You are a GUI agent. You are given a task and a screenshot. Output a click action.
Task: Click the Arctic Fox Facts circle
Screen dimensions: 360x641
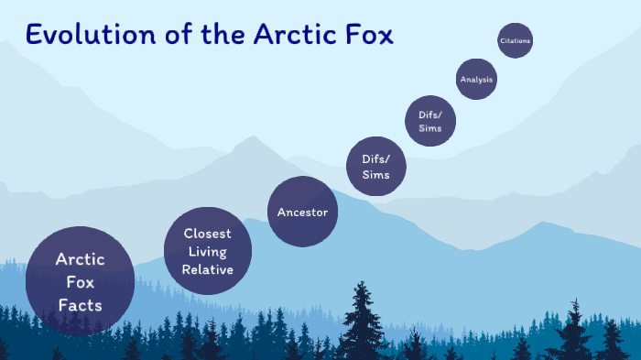(81, 281)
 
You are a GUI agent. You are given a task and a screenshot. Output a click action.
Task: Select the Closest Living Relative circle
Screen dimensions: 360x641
(208, 250)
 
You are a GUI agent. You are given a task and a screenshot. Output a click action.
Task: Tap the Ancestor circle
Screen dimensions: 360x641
(302, 212)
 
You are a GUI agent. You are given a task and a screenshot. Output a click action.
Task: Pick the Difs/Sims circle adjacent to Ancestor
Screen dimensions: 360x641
(375, 166)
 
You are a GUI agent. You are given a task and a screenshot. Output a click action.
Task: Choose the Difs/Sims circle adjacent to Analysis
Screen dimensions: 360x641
(429, 121)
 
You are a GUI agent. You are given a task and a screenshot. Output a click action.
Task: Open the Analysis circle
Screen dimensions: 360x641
(476, 80)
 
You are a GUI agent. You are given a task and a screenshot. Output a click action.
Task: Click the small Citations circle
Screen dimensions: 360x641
(516, 41)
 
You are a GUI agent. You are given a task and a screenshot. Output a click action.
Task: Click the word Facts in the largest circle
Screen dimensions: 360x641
(81, 304)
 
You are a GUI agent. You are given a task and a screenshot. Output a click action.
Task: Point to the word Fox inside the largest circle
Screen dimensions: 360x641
(81, 282)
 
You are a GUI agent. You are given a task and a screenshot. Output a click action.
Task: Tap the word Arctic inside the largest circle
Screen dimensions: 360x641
(81, 259)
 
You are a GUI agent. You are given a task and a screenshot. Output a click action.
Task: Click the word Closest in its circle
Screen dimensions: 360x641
(208, 234)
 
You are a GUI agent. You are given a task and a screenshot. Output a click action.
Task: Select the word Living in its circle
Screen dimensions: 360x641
(208, 252)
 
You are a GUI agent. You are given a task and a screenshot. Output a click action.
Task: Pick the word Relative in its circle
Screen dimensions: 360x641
(208, 269)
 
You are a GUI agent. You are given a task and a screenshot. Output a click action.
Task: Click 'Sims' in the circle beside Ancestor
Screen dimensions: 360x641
(375, 174)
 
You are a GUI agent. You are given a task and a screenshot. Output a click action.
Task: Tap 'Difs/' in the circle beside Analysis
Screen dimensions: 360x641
(429, 114)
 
